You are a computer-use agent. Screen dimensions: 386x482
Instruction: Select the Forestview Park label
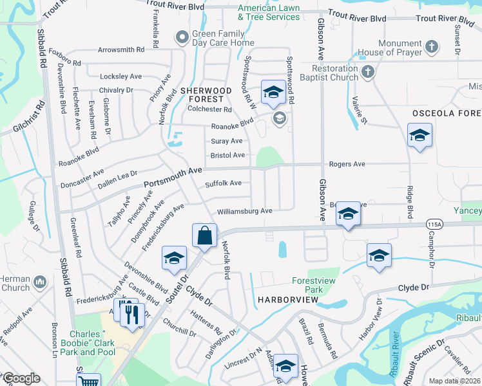point(298,285)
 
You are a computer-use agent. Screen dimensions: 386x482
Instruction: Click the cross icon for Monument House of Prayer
point(432,47)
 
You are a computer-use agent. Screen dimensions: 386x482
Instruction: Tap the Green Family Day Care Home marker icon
point(182,38)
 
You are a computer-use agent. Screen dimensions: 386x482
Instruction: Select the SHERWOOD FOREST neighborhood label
point(202,95)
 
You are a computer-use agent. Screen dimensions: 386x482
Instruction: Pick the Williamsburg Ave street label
point(244,211)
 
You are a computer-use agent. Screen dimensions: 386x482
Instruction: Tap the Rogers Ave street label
point(347,165)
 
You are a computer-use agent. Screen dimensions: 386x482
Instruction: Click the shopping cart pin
point(88,381)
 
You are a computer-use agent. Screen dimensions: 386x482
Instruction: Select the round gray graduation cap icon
point(279,117)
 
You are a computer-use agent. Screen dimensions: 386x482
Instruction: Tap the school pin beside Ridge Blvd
point(419,136)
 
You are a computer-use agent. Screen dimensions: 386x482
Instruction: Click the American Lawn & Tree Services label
point(269,13)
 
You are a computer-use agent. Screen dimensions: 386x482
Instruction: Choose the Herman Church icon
point(39,281)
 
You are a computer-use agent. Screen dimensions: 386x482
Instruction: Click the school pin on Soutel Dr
point(174,258)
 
